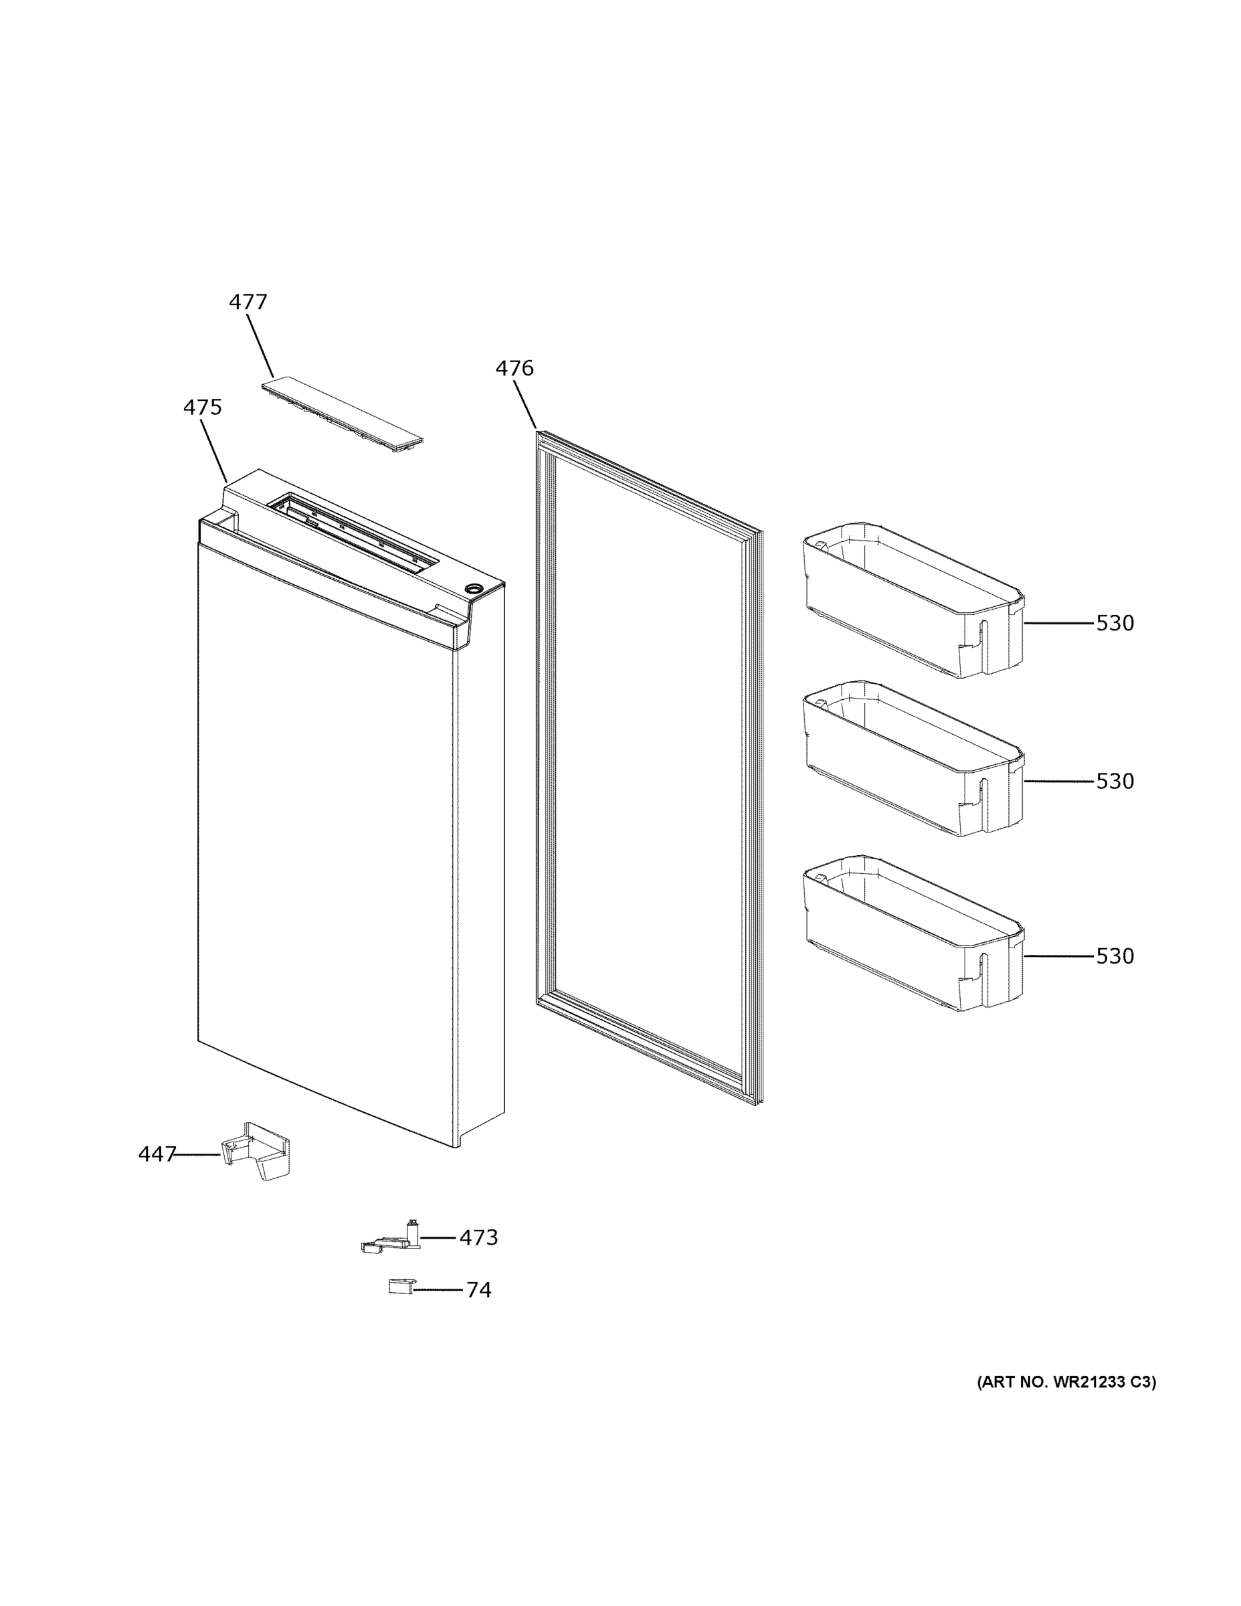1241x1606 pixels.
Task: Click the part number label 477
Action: point(248,302)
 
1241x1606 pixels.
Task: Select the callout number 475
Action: point(202,407)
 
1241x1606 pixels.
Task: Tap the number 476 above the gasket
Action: point(514,369)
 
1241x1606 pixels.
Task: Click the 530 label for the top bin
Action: point(1115,623)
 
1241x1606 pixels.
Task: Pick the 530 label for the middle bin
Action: point(1115,781)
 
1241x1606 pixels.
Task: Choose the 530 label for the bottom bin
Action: point(1115,956)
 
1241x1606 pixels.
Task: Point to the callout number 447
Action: point(157,1154)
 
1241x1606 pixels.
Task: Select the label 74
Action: point(478,1289)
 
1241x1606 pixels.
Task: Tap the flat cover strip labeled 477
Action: point(343,414)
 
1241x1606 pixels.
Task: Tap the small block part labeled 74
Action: point(400,1286)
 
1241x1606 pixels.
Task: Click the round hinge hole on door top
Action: point(473,588)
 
